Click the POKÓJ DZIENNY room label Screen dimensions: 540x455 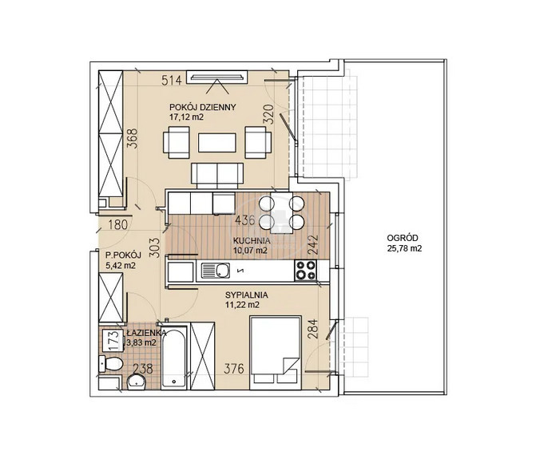pyautogui.click(x=203, y=107)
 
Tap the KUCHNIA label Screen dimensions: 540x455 pyautogui.click(x=252, y=240)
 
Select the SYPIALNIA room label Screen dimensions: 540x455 pyautogui.click(x=247, y=295)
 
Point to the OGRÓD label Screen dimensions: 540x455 pyautogui.click(x=403, y=238)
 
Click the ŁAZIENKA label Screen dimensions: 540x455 pyautogui.click(x=146, y=333)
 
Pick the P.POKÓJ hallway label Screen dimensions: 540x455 pyautogui.click(x=123, y=255)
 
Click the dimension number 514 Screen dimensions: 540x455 pyautogui.click(x=172, y=81)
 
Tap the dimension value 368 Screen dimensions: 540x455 pyautogui.click(x=132, y=138)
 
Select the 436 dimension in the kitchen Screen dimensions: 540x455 pyautogui.click(x=244, y=220)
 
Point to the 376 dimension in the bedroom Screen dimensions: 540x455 pyautogui.click(x=234, y=369)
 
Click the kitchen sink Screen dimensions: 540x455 pyautogui.click(x=216, y=271)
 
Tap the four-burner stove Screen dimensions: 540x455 pyautogui.click(x=306, y=270)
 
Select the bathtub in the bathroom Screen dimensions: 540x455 pyautogui.click(x=175, y=358)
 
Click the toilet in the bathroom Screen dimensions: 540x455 pyautogui.click(x=111, y=364)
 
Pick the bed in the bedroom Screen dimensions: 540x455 pyautogui.click(x=276, y=353)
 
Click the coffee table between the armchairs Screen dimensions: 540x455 pyautogui.click(x=217, y=143)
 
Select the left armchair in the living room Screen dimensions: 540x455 pyautogui.click(x=177, y=143)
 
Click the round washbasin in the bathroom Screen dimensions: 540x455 pyautogui.click(x=137, y=382)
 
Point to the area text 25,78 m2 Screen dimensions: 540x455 pyautogui.click(x=405, y=248)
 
